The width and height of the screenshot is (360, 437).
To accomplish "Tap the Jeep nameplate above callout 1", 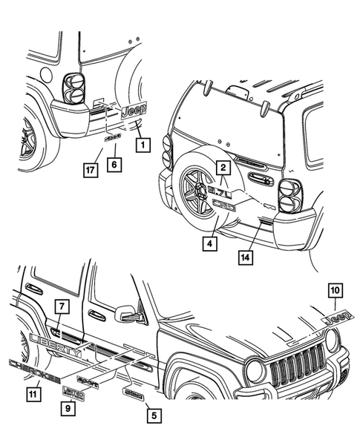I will [134, 111].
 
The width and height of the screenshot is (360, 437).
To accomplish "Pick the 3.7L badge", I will [221, 192].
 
